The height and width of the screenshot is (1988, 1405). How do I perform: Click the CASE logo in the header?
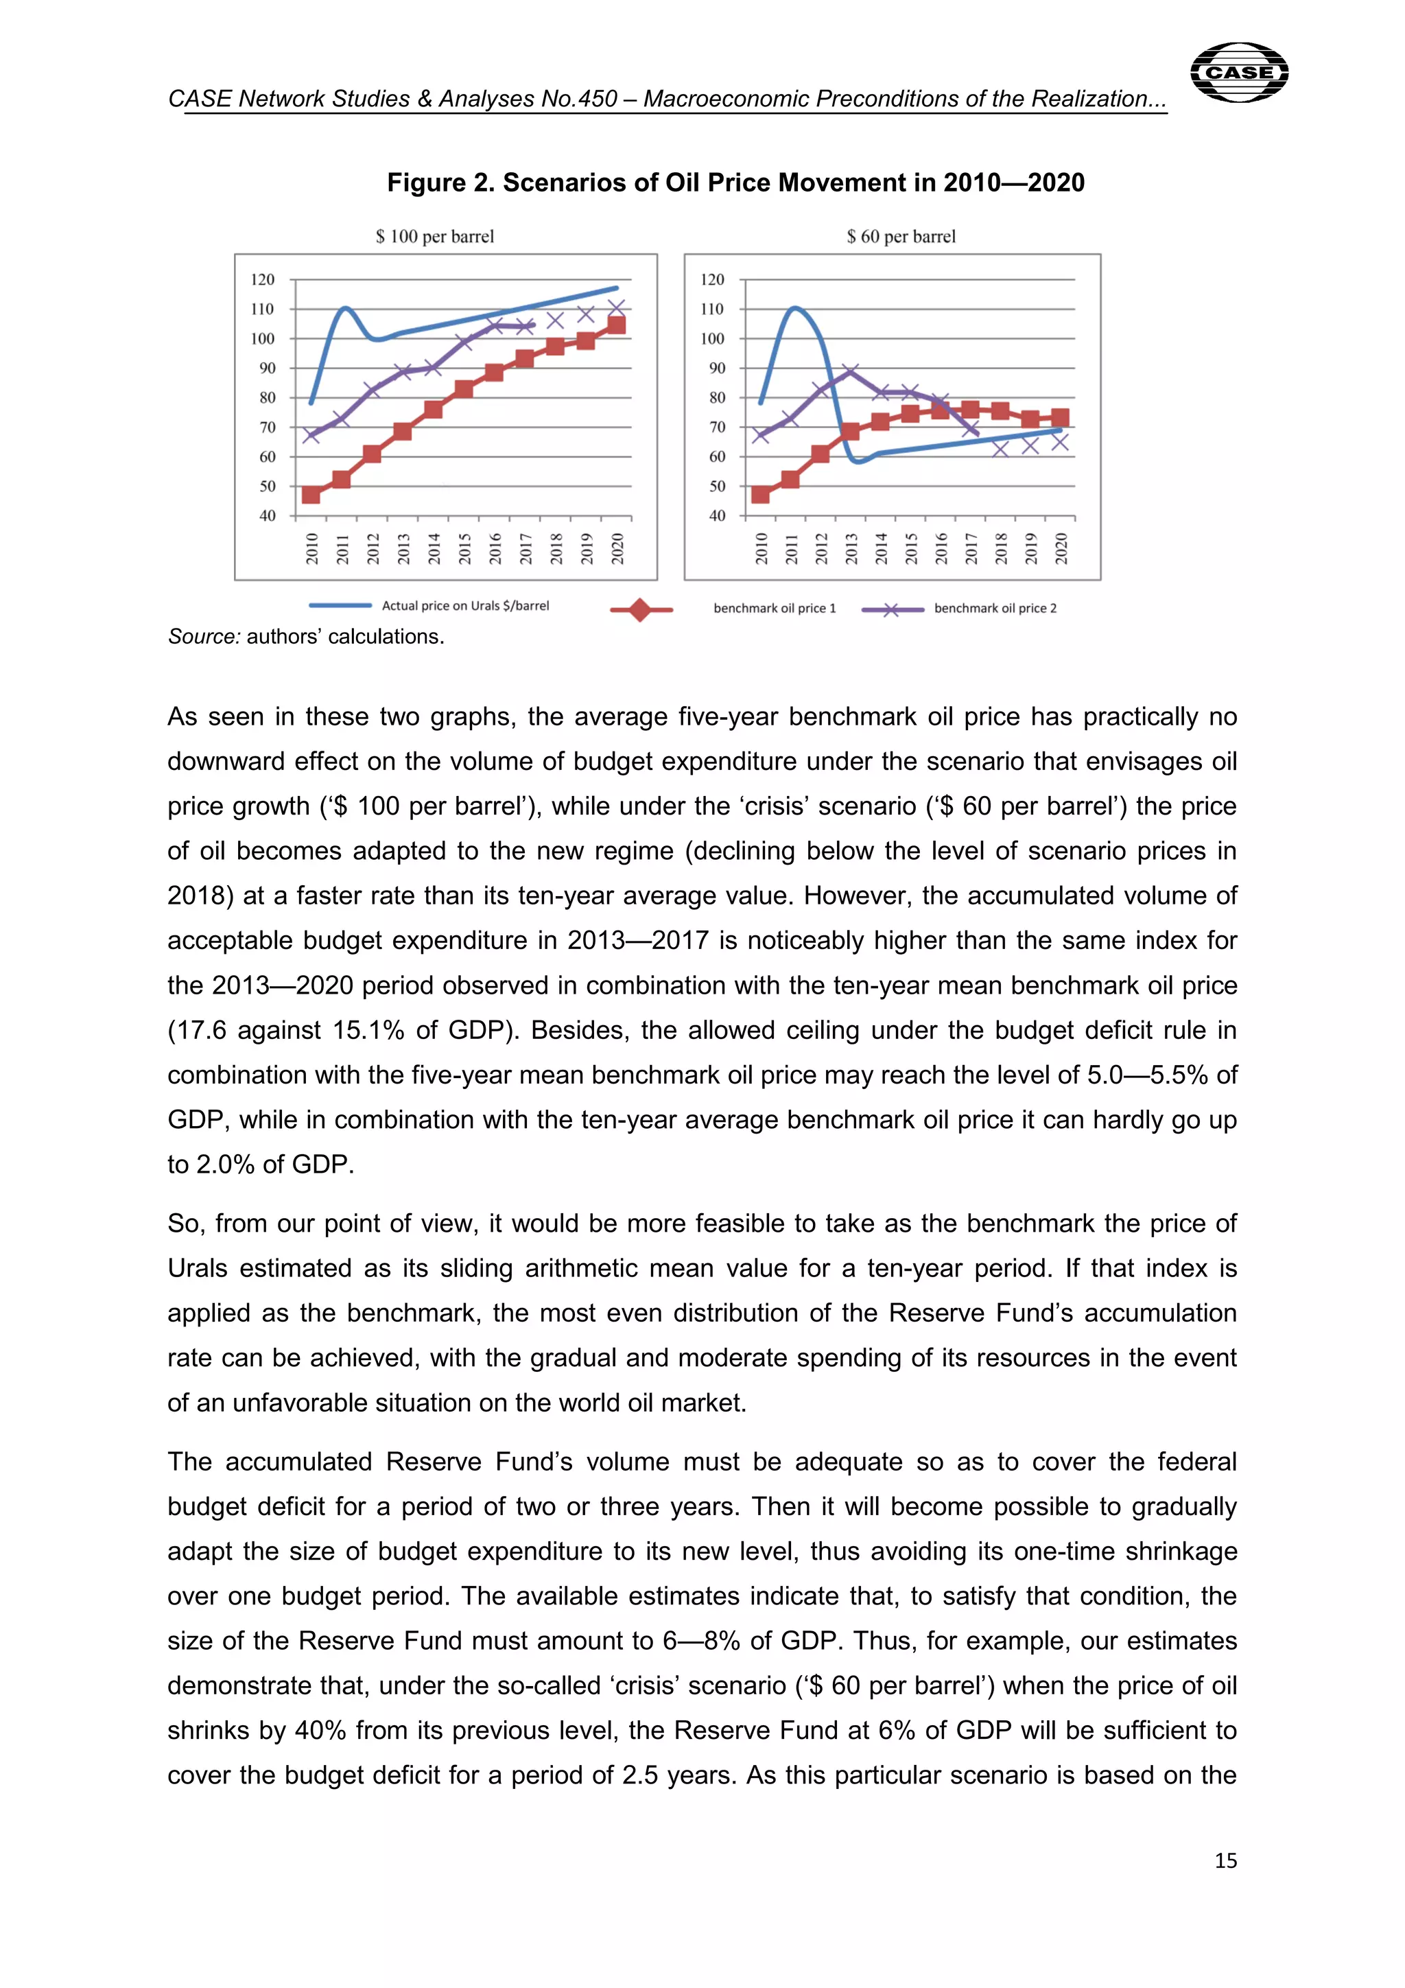(x=1239, y=72)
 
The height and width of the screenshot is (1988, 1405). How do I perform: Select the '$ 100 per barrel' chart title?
(x=434, y=236)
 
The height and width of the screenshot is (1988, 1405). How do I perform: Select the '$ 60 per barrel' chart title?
(x=901, y=236)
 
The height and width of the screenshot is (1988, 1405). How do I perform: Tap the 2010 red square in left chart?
(x=311, y=494)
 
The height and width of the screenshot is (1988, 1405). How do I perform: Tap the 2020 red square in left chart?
(x=616, y=325)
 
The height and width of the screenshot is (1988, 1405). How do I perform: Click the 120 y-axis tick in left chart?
(x=262, y=280)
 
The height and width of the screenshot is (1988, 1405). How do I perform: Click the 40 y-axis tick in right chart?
(x=717, y=516)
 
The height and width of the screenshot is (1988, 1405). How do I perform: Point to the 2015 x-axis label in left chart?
(x=465, y=548)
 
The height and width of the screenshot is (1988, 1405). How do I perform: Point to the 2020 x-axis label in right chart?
(x=1061, y=548)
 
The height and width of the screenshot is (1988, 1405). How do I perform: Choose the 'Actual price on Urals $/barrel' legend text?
(x=466, y=606)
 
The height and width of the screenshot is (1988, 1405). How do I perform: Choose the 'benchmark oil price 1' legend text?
(x=775, y=609)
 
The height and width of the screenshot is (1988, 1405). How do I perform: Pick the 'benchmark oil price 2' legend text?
(x=995, y=609)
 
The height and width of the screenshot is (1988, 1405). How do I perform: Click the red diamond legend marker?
(x=640, y=609)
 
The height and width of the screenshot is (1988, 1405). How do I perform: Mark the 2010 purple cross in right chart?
(x=760, y=434)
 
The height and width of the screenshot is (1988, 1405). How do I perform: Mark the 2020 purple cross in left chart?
(x=616, y=308)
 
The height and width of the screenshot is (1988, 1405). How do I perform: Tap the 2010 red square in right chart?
(x=760, y=494)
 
